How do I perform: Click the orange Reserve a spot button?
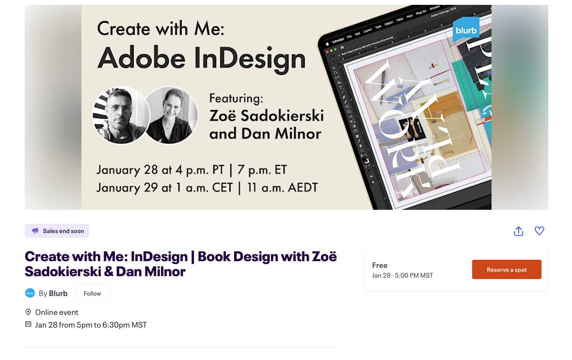(x=507, y=269)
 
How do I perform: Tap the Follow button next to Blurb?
(x=92, y=293)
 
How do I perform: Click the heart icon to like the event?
(x=539, y=231)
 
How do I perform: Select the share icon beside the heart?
(x=518, y=231)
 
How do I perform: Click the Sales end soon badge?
(x=57, y=231)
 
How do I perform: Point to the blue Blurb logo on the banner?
(x=466, y=30)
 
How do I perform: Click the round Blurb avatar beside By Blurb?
(x=30, y=293)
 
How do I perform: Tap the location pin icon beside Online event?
(x=28, y=312)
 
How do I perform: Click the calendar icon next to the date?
(x=28, y=325)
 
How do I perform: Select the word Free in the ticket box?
(x=380, y=265)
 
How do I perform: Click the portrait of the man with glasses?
(x=120, y=115)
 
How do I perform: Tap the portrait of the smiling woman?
(x=171, y=115)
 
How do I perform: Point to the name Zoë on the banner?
(x=227, y=116)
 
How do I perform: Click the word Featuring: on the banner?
(x=236, y=98)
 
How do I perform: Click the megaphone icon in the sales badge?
(x=35, y=231)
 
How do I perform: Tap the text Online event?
(x=57, y=312)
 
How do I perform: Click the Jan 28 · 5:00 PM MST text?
(x=402, y=276)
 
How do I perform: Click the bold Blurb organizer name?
(x=58, y=293)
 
